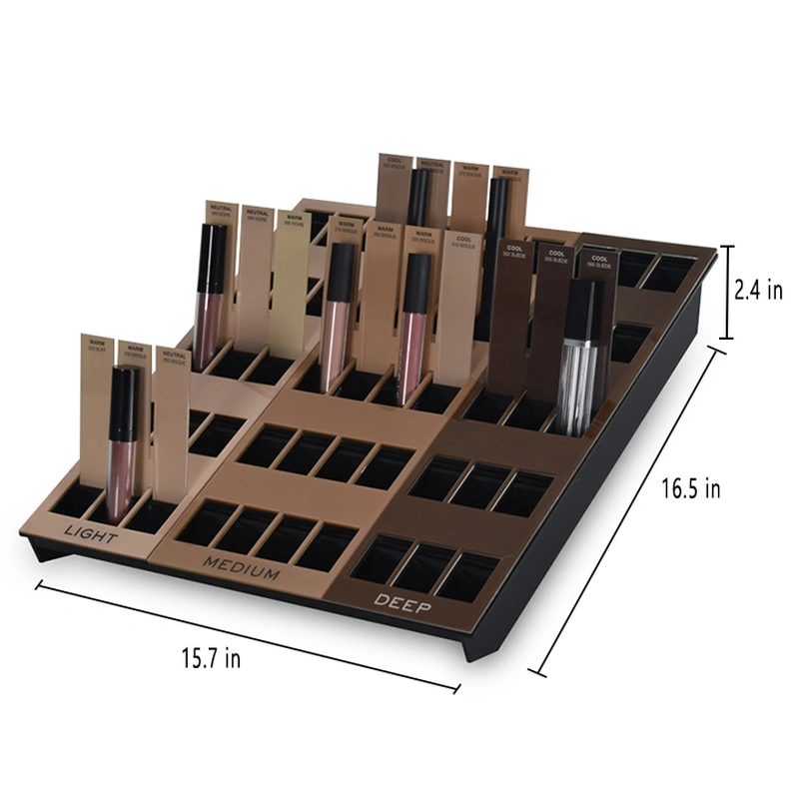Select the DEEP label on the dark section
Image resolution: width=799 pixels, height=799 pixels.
point(402,600)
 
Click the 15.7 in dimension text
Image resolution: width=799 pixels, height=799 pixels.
point(211,658)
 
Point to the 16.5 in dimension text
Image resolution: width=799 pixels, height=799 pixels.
point(691,488)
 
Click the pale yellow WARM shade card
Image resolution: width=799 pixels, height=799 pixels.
point(290,280)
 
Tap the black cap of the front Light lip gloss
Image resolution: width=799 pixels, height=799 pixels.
point(123,391)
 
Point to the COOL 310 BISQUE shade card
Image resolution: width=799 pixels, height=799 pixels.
point(459,290)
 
